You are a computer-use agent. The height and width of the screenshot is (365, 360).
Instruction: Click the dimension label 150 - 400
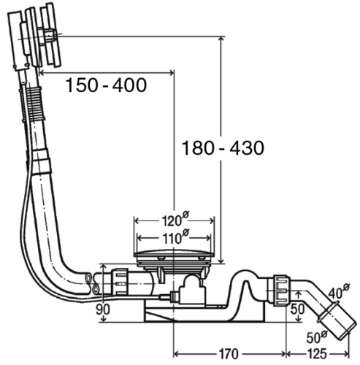[x=106, y=85]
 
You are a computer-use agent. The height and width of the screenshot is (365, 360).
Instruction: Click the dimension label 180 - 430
[x=223, y=148]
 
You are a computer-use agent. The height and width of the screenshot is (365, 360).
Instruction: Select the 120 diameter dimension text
[x=175, y=219]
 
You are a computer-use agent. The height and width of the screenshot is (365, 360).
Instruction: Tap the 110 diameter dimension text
[x=175, y=237]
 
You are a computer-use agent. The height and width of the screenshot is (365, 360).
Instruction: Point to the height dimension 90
[x=103, y=310]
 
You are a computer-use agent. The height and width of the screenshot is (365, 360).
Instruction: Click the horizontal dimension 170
[x=229, y=354]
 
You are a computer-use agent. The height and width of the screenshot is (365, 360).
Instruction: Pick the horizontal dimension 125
[x=317, y=354]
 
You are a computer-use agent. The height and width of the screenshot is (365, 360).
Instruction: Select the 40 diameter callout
[x=338, y=291]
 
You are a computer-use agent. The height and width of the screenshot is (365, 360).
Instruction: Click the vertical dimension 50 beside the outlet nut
[x=297, y=310]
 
